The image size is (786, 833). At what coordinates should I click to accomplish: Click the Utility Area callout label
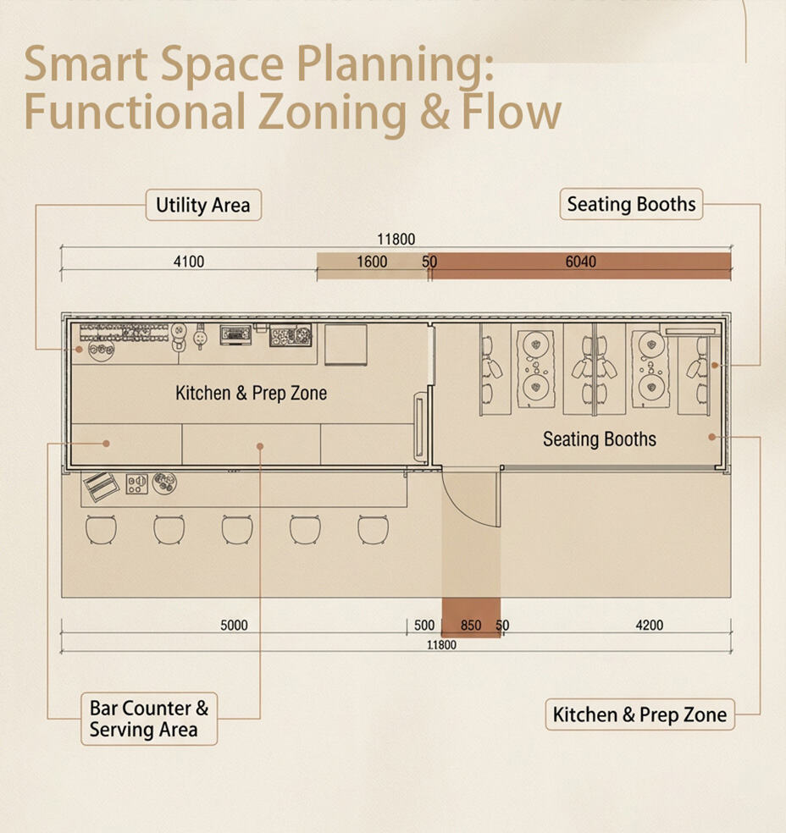tap(203, 205)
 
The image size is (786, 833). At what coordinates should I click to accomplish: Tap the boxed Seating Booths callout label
tap(631, 204)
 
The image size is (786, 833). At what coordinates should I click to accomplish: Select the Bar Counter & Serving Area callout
tap(149, 719)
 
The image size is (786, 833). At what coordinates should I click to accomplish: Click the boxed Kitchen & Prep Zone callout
tap(639, 714)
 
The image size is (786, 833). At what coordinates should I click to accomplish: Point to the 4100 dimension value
tap(189, 262)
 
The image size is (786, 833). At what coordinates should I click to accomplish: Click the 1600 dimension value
tap(372, 262)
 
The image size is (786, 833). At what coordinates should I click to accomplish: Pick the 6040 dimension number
tap(580, 262)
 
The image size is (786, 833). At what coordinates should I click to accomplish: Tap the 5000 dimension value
tap(234, 626)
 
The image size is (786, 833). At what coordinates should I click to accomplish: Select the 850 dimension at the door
tap(471, 626)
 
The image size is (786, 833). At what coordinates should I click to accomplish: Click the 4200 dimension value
tap(650, 626)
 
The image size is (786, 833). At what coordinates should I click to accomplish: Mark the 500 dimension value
tap(424, 626)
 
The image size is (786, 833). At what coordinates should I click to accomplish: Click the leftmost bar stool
tap(101, 530)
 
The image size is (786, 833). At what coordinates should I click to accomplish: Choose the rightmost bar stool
tap(373, 530)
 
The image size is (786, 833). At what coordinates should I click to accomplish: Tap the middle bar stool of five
tap(237, 530)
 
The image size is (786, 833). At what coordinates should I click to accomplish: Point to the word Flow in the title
tap(512, 112)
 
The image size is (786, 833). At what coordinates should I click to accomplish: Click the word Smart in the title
tap(86, 63)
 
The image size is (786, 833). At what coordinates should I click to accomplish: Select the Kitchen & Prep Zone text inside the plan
tap(251, 393)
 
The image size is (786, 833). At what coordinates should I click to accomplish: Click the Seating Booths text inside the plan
tap(600, 439)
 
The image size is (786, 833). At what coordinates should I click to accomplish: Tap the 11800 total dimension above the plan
tap(396, 239)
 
